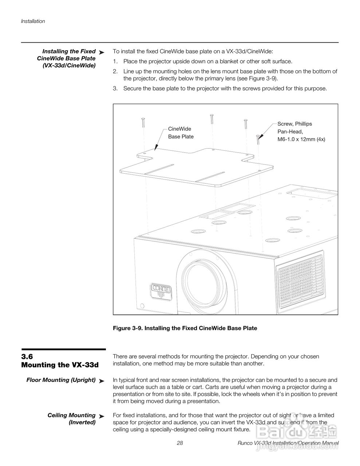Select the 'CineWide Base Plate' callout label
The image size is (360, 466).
tap(181, 133)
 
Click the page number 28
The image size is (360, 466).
tap(180, 443)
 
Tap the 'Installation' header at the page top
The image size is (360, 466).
tap(33, 21)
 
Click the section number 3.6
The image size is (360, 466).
tap(27, 357)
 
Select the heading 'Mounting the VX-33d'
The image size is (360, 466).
tap(60, 365)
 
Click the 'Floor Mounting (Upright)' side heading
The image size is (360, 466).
tap(61, 380)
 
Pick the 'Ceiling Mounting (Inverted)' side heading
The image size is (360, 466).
tap(72, 419)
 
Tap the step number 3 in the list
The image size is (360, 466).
tap(115, 88)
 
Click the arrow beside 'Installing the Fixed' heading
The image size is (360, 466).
tap(102, 53)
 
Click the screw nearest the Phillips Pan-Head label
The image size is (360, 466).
tap(258, 139)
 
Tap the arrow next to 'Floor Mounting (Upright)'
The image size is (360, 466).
tap(102, 381)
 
